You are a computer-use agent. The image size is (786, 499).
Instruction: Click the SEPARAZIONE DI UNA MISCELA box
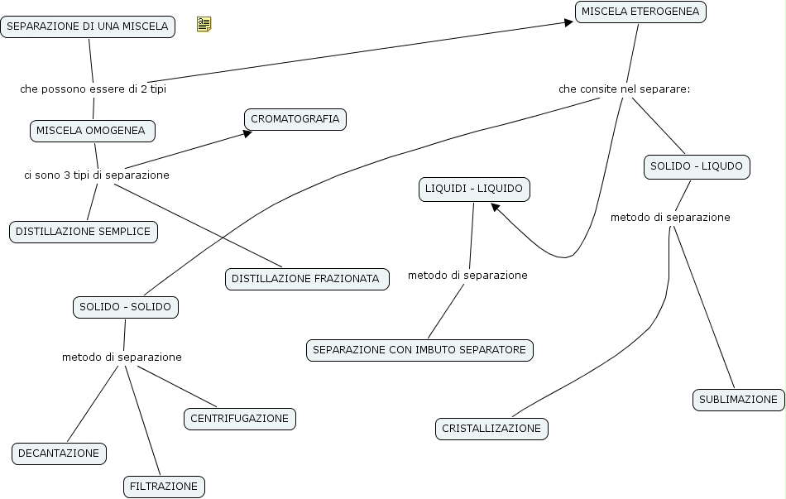click(88, 26)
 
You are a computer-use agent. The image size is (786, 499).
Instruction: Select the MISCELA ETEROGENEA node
click(640, 12)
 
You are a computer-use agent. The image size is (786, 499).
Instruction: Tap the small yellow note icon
click(204, 25)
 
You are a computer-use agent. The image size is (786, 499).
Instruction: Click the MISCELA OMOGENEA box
click(91, 131)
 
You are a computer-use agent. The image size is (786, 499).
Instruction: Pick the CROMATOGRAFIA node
click(295, 119)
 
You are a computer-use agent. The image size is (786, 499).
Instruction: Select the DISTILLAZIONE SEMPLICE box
click(83, 232)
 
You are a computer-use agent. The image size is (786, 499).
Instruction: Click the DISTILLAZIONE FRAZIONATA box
click(306, 279)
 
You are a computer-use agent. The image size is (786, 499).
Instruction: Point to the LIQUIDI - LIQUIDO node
click(474, 190)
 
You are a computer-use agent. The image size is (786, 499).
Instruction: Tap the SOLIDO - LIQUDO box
click(697, 166)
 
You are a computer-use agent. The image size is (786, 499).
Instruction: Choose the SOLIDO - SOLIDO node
click(125, 307)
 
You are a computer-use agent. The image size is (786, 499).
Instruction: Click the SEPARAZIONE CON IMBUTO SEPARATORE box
click(419, 350)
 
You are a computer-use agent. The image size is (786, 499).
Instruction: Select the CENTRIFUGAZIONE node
click(239, 419)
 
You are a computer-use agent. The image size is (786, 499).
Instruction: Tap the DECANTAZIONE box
click(59, 453)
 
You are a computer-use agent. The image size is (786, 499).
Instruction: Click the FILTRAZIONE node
click(164, 487)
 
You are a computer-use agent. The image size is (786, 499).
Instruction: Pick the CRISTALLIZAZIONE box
click(491, 429)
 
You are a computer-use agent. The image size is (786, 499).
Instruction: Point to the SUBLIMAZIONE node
click(738, 400)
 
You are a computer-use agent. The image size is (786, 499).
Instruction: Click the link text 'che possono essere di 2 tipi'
click(93, 89)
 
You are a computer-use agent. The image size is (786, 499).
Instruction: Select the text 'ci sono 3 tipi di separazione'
click(97, 175)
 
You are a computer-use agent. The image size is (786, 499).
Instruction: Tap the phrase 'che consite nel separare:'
click(624, 89)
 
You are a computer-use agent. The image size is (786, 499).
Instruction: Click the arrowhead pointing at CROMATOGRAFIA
click(247, 132)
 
